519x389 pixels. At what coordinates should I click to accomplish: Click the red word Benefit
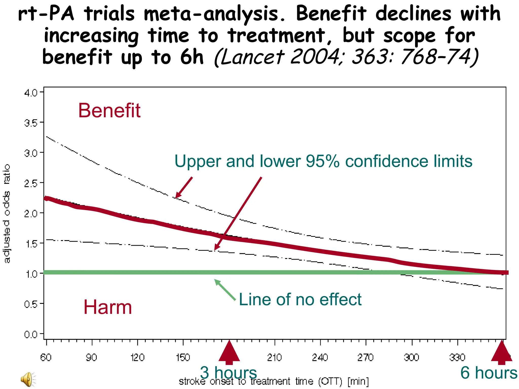109,111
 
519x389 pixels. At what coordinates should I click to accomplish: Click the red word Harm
108,307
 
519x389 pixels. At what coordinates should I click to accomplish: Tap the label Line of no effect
300,299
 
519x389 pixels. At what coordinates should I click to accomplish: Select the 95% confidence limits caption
323,161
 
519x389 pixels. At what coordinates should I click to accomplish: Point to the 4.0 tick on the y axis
31,93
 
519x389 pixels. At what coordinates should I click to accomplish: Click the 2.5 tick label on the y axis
31,183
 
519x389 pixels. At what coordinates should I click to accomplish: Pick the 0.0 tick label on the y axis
31,335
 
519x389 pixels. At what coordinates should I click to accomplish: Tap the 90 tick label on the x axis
91,358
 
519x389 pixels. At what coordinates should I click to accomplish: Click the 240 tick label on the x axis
320,358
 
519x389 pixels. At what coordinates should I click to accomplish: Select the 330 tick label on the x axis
457,358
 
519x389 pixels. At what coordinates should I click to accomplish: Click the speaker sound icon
28,379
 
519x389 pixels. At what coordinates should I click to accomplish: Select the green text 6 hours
489,373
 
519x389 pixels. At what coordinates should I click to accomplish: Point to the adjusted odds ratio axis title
7,213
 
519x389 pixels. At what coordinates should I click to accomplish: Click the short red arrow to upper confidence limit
184,188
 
